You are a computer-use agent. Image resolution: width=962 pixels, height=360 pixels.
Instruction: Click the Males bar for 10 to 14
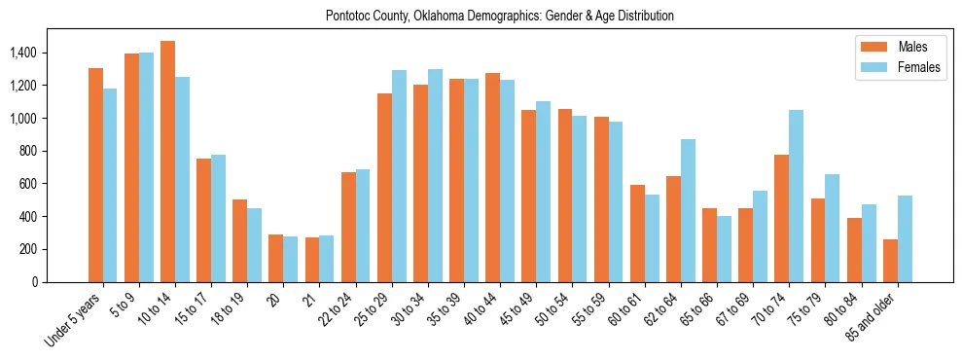(167, 162)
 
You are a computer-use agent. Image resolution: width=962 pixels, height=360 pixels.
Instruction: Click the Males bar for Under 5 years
(95, 175)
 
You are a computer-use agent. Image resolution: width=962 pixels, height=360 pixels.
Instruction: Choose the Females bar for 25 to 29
(399, 176)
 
